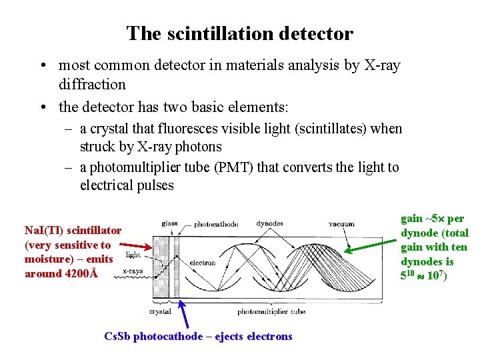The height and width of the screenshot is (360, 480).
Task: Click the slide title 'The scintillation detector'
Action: point(240,33)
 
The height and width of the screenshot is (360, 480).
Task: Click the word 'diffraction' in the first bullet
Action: point(92,85)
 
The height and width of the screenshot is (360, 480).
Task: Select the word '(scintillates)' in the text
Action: point(309,129)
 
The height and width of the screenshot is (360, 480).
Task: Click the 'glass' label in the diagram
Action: point(170,224)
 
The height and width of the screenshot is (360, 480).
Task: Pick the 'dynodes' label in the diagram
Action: point(269,224)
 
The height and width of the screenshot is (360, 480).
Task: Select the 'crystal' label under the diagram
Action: point(160,311)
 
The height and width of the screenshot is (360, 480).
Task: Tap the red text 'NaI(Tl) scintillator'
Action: point(73,231)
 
